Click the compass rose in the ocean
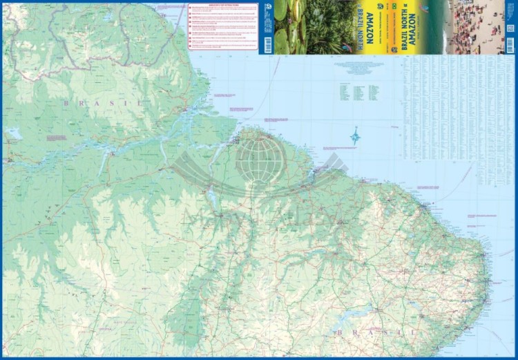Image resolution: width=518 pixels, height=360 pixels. tap(355, 136)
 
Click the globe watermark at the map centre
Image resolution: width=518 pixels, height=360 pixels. tap(260, 158)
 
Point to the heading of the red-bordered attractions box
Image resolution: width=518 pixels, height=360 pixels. tap(222, 6)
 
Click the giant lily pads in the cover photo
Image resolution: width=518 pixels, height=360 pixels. tap(290, 28)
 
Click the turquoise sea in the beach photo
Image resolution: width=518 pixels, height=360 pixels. tap(437, 28)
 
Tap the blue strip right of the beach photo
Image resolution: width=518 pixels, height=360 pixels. tap(510, 28)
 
